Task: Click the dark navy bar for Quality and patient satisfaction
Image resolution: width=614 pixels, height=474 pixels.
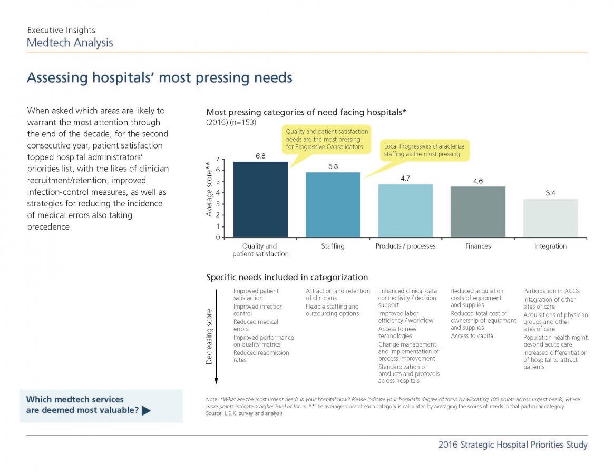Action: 260,200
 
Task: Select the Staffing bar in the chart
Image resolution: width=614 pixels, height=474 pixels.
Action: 333,205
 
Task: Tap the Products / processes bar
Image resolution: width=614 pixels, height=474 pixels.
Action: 405,211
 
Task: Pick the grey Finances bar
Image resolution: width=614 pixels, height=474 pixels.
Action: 477,212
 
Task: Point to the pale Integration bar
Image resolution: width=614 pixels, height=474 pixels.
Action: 550,218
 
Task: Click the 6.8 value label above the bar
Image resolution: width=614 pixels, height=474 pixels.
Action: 260,156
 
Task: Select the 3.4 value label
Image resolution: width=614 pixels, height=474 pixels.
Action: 550,193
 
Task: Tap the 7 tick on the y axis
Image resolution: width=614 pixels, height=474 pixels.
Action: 218,159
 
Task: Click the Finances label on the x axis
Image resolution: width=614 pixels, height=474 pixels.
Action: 477,246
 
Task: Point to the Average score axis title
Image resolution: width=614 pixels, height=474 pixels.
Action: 209,189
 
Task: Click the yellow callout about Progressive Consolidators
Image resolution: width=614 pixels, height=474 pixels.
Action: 327,140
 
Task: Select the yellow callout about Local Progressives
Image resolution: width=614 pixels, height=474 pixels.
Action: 424,150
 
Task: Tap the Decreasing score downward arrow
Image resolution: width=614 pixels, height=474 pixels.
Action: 216,337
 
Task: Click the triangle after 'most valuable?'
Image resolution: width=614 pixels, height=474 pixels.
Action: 146,411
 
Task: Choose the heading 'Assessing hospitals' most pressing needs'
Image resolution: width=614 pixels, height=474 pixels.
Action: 159,77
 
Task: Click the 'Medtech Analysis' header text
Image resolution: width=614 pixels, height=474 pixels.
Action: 70,43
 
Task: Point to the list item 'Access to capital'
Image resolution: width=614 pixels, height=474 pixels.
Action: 473,336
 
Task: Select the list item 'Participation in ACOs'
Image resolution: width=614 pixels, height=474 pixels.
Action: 551,291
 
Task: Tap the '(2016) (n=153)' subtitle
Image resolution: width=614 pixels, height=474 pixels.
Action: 231,123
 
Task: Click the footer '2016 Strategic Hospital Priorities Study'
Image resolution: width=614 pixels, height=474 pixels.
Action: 513,445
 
